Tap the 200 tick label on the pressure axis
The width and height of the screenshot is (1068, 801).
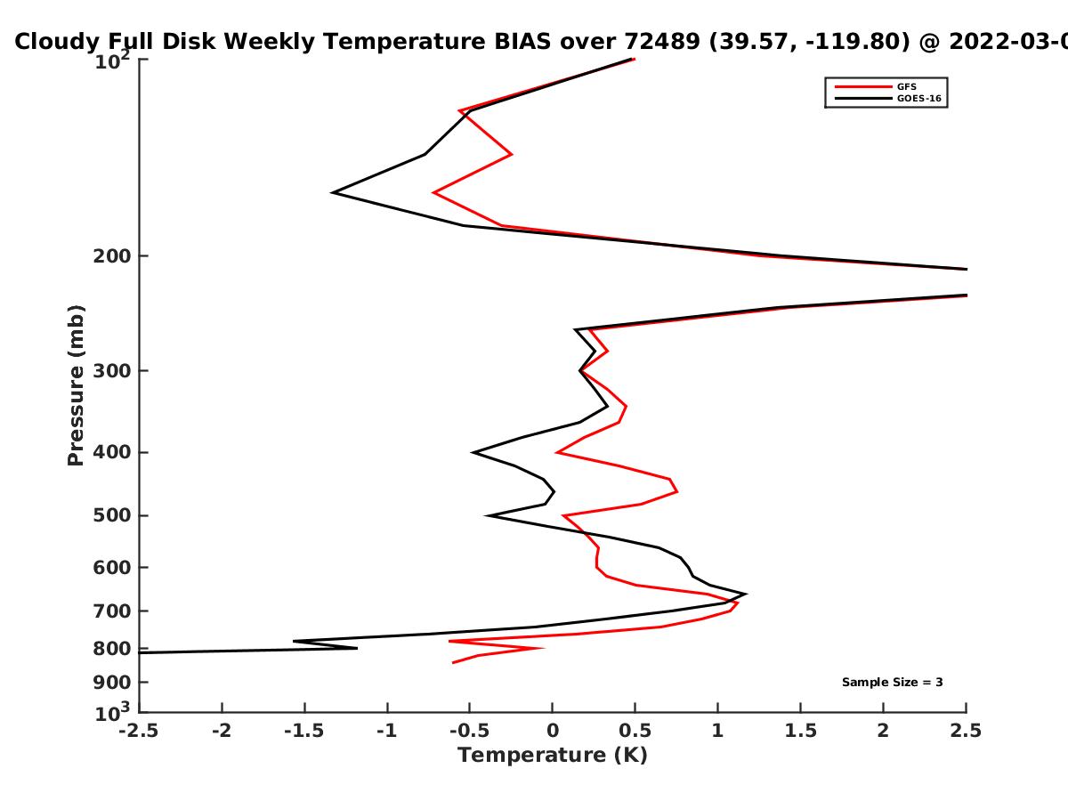112,255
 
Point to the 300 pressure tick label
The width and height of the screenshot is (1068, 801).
112,370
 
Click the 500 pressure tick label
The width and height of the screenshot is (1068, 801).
112,515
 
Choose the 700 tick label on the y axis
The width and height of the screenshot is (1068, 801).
112,611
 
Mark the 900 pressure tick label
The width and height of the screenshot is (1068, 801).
112,683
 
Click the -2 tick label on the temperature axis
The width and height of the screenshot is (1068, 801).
222,731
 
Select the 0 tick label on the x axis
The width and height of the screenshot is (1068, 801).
553,731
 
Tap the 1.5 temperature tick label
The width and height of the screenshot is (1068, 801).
801,731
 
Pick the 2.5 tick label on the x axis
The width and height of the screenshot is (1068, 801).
966,731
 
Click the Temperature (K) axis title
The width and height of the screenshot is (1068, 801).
553,755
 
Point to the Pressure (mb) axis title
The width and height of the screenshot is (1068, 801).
76,385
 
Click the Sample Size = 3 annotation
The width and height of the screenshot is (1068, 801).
893,683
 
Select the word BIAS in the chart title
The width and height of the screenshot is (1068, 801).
522,42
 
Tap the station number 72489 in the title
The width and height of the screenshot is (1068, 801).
662,42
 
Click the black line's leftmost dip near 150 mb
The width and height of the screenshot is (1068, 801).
332,192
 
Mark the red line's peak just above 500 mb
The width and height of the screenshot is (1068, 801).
677,491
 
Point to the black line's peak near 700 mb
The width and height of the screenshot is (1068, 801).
746,594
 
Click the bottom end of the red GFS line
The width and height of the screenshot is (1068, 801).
453,662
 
